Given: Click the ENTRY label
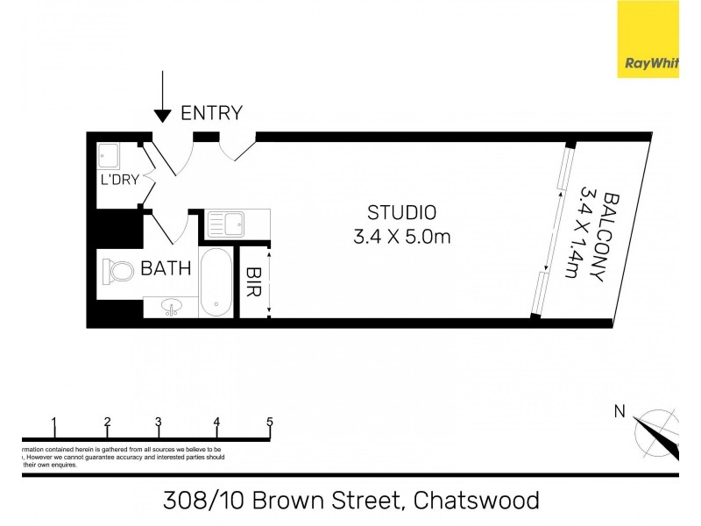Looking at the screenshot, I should coord(211,112).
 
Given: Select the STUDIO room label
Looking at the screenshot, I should coord(401,212).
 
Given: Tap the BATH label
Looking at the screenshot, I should coord(166,268).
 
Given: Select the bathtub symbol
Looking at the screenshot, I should coord(216,282).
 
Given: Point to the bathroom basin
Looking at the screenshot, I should coord(172,307).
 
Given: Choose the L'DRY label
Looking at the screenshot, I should coord(118,181).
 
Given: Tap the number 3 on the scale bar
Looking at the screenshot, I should coord(159,422).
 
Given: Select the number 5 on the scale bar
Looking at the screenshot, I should coord(270,422).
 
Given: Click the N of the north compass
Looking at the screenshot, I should coord(620,410).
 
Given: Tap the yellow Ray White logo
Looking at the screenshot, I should coord(648,39).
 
